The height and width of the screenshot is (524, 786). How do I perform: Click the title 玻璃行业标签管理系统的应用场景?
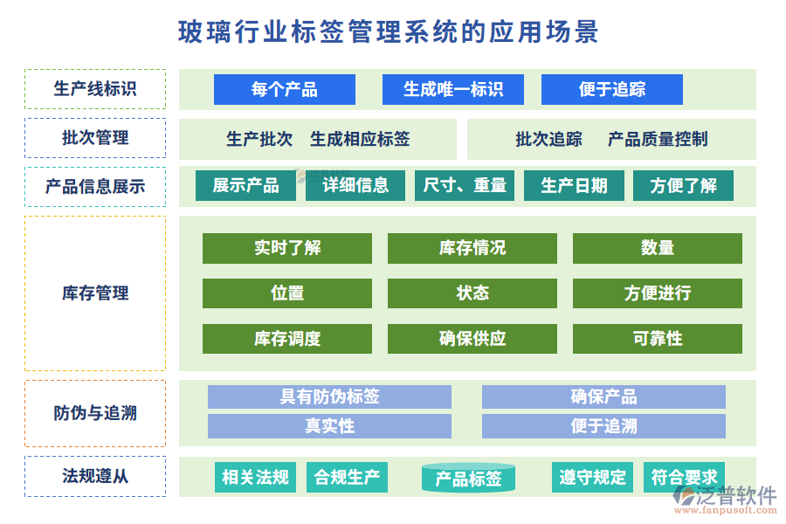coord(389,32)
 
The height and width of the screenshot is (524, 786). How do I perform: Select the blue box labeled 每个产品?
coord(285,89)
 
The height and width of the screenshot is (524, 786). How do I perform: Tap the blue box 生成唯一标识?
coord(453,89)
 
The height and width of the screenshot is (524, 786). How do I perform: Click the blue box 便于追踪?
coord(612,89)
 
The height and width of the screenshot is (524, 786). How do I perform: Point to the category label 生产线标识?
coord(95,89)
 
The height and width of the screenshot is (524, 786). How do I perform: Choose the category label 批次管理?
coord(95,138)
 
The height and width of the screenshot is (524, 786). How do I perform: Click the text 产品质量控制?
coord(658,139)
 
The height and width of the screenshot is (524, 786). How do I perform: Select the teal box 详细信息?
coord(355,185)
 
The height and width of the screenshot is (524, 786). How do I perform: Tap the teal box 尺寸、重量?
coord(465,185)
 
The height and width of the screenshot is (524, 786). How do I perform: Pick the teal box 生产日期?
coord(574,185)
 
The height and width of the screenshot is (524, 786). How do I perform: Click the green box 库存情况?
coord(472,248)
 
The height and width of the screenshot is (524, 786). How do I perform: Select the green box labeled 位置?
coord(287,293)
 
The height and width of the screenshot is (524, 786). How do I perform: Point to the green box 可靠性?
coord(658,339)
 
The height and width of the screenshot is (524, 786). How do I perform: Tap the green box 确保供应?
coord(472,339)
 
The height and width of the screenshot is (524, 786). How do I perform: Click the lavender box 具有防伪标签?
coord(329,397)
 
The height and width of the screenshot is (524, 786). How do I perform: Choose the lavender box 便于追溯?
coord(603,426)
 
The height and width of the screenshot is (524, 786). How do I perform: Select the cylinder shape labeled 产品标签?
coord(468,478)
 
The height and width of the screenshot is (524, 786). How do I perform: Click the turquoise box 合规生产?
coord(348,477)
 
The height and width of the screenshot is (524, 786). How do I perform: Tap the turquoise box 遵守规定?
coord(593,477)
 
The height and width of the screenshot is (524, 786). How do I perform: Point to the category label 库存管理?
coord(95,293)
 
